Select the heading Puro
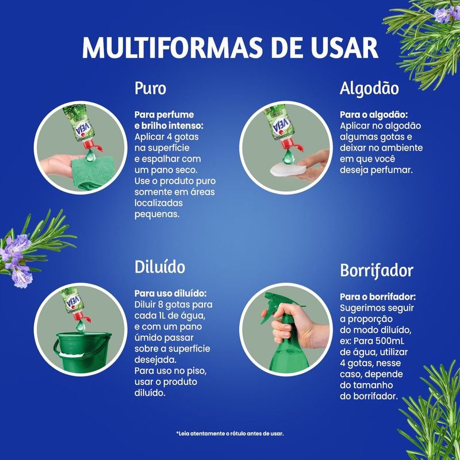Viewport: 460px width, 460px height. point(150,89)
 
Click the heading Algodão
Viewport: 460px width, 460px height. point(369,88)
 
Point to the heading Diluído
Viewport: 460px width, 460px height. point(160,267)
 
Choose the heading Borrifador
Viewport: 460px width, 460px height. point(377,270)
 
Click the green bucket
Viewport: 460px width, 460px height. point(82,351)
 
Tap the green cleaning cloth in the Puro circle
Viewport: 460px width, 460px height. point(93,172)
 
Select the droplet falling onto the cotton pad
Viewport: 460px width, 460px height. point(288,156)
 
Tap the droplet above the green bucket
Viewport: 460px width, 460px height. point(80,325)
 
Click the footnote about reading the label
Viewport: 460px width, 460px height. point(230,434)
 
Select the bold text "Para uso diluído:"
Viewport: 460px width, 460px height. point(170,293)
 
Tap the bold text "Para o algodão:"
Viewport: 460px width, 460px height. point(374,114)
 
